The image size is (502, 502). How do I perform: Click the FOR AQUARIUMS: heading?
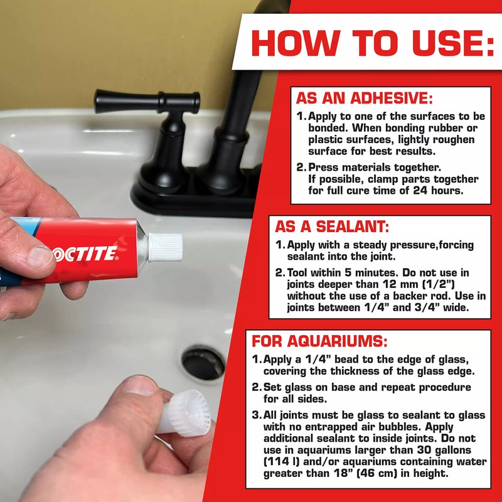point(319,342)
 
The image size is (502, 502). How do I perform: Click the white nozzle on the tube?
point(164,247)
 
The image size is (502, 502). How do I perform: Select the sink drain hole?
point(202,362)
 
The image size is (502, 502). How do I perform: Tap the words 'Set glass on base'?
point(302,388)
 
